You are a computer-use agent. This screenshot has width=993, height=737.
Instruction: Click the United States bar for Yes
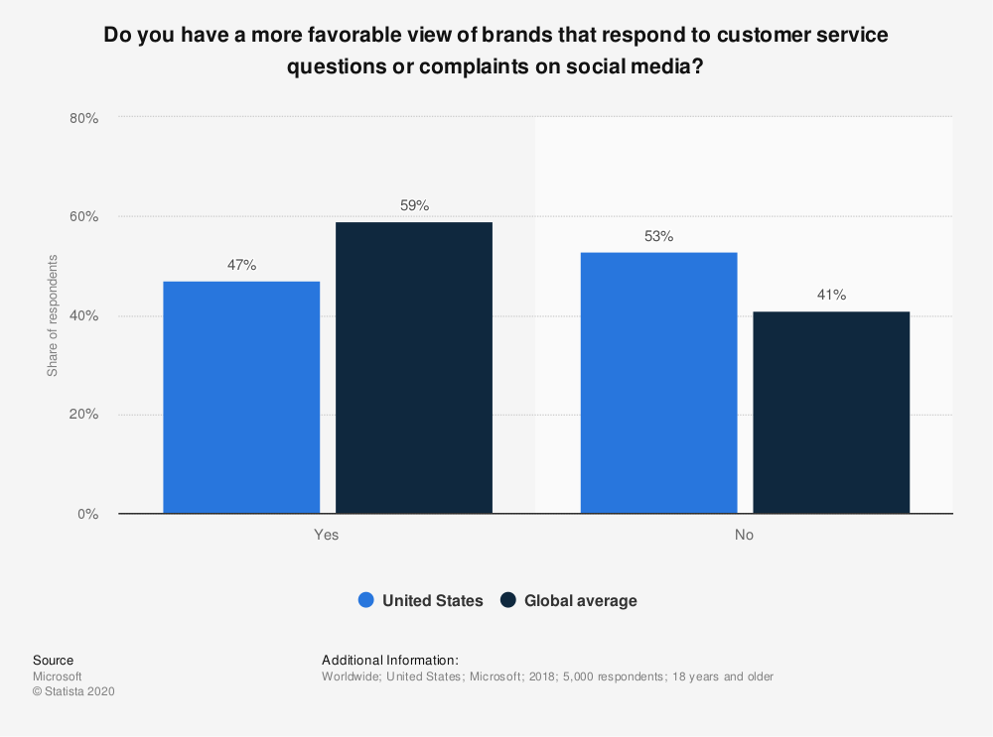241,397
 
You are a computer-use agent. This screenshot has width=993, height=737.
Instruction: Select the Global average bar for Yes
414,367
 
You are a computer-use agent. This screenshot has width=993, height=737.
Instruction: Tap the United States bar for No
659,383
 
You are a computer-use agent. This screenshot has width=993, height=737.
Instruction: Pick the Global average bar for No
831,413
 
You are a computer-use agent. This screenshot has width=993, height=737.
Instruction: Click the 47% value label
241,265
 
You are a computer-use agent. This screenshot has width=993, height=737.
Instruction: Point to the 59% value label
414,205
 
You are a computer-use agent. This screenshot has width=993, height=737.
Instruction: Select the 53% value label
659,236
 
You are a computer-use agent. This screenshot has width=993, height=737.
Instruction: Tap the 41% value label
831,295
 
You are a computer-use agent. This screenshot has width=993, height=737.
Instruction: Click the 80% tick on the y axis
83,118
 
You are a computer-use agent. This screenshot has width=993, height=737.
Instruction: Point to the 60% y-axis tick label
83,217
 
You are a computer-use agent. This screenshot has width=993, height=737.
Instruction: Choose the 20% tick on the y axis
83,415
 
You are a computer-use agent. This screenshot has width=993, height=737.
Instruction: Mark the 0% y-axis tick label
87,514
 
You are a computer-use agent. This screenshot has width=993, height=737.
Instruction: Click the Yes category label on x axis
327,535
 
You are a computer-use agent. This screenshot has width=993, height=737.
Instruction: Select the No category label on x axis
744,535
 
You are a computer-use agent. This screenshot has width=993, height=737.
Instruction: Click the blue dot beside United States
365,600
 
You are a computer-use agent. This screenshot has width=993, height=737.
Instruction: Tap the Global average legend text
580,600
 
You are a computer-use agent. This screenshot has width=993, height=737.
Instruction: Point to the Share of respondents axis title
53,315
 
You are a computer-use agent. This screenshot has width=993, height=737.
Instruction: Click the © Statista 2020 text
73,692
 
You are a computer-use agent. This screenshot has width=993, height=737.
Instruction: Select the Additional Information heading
390,660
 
